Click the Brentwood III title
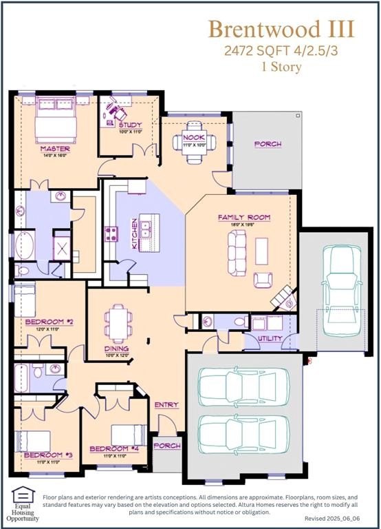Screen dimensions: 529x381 281,30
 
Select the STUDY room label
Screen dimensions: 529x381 130,125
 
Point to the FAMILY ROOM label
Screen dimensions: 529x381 244,218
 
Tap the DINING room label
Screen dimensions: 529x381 116,349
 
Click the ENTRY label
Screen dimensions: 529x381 166,404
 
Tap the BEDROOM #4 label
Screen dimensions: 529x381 114,449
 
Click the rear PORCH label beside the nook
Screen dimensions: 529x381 268,144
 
